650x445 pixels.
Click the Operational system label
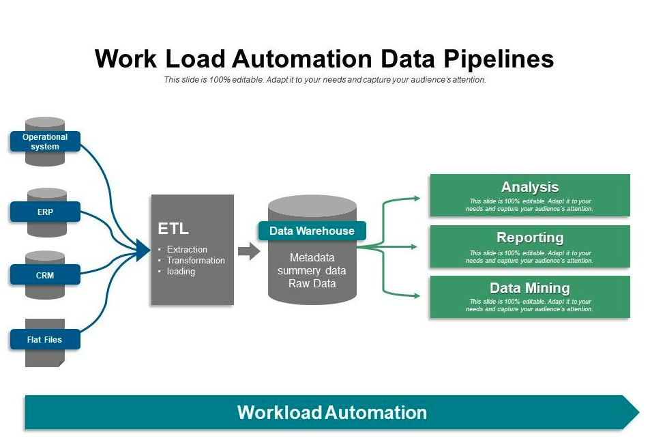tap(45, 141)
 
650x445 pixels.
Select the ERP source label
tap(45, 212)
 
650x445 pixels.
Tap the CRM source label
tap(45, 276)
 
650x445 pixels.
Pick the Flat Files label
tap(45, 339)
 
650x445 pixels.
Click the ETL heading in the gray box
tap(173, 229)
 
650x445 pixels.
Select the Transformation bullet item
tap(195, 261)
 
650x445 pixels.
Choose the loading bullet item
tap(181, 272)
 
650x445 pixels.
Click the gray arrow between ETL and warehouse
tap(249, 251)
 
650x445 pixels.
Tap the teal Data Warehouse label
tap(312, 231)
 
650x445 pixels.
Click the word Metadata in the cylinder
tap(312, 258)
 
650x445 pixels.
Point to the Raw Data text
tap(312, 283)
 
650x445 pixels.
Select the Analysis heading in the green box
tap(529, 187)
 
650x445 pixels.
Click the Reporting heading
tap(529, 238)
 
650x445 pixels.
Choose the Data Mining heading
tap(529, 288)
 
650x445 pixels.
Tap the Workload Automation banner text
tap(331, 412)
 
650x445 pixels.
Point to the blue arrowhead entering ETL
tap(143, 250)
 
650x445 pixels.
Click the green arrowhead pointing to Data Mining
tap(415, 296)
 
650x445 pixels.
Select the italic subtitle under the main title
tap(325, 80)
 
